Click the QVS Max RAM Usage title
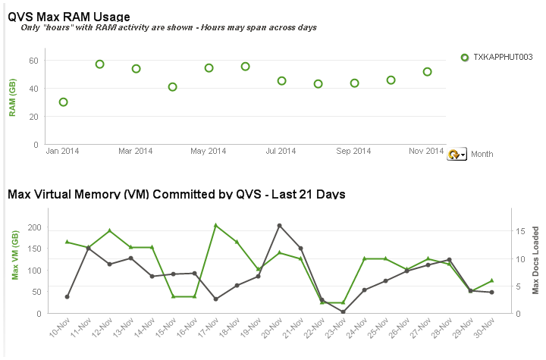(69, 16)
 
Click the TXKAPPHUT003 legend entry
(503, 58)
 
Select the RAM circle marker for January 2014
(64, 102)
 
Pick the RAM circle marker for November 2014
(428, 72)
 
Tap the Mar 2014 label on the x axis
(136, 152)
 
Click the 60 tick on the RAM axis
(33, 61)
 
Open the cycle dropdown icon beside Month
(457, 154)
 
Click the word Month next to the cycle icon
(482, 154)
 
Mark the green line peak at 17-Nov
(216, 225)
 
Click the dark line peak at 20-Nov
(280, 225)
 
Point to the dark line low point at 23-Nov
(343, 311)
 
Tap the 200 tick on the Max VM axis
(33, 227)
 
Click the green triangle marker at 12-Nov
(110, 230)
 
